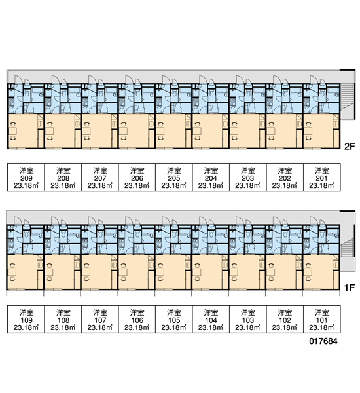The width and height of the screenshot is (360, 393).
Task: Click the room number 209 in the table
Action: click(x=26, y=178)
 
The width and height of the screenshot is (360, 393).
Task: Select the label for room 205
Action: click(x=174, y=178)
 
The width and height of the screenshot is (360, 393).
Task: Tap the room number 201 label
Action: click(x=321, y=178)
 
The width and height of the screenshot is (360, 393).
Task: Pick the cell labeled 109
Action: click(x=26, y=319)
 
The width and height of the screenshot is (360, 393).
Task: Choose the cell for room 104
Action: click(x=211, y=319)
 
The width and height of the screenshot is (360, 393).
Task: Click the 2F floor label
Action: click(x=350, y=146)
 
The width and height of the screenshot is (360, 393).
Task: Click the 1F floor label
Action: click(x=350, y=288)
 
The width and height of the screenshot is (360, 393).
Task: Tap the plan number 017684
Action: click(x=323, y=341)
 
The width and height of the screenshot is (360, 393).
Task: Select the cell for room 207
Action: click(x=100, y=178)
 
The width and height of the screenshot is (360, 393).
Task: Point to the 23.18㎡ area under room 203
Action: click(x=248, y=186)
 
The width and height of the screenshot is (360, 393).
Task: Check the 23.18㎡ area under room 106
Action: click(x=137, y=327)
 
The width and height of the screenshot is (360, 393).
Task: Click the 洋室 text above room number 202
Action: click(x=285, y=171)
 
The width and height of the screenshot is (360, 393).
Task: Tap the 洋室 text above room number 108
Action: click(x=63, y=313)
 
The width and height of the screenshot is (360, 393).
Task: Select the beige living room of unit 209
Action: click(x=23, y=131)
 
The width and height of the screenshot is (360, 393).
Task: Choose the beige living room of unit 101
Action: click(x=318, y=272)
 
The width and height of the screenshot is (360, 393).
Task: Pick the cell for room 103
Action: click(x=248, y=319)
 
